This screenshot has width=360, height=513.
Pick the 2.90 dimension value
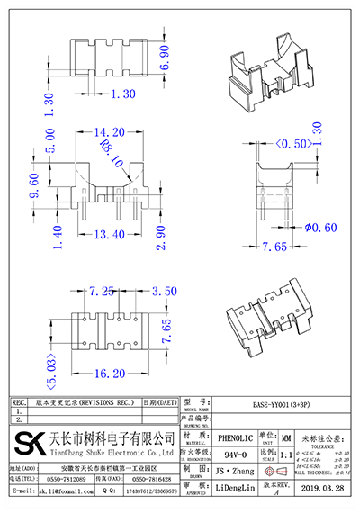point(159,237)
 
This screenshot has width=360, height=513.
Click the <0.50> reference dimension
point(294,143)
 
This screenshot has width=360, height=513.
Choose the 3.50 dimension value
point(164,292)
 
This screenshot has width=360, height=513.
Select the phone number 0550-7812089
point(67,480)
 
